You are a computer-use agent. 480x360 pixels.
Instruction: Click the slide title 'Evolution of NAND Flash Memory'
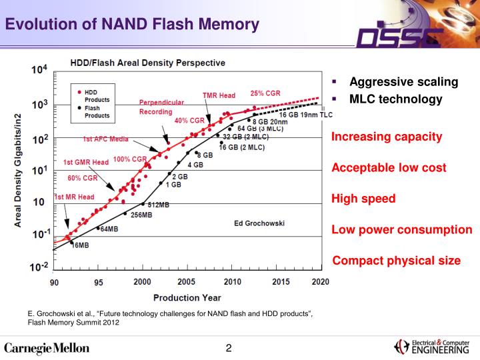tap(132, 25)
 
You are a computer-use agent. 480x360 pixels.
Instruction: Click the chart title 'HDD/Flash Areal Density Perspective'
tap(148, 63)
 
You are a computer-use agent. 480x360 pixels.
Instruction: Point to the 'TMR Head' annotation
tap(219, 95)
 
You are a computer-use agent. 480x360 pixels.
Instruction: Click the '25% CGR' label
tap(265, 93)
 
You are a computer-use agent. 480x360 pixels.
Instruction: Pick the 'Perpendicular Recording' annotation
tap(161, 107)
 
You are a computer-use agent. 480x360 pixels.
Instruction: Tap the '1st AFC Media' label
tap(105, 139)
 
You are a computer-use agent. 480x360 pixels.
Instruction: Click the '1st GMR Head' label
tap(86, 162)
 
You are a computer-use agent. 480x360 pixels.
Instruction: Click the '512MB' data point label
tap(158, 205)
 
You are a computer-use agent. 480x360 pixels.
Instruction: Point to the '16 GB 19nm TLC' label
tap(305, 115)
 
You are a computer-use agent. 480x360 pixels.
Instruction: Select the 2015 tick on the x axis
tap(281, 282)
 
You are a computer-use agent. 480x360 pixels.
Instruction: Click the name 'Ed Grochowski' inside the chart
tap(261, 222)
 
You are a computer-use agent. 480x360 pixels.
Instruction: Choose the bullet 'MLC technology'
tap(396, 99)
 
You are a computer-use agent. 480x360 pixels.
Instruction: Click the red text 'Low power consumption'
tap(402, 229)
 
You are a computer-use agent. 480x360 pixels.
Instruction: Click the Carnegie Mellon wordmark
tap(47, 347)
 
